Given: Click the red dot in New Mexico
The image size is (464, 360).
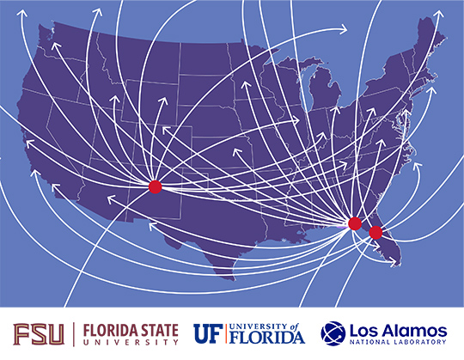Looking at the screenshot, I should click(x=155, y=186).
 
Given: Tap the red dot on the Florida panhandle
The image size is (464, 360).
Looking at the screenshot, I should click(x=354, y=223).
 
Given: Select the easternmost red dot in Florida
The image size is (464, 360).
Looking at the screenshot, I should click(x=375, y=232).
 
